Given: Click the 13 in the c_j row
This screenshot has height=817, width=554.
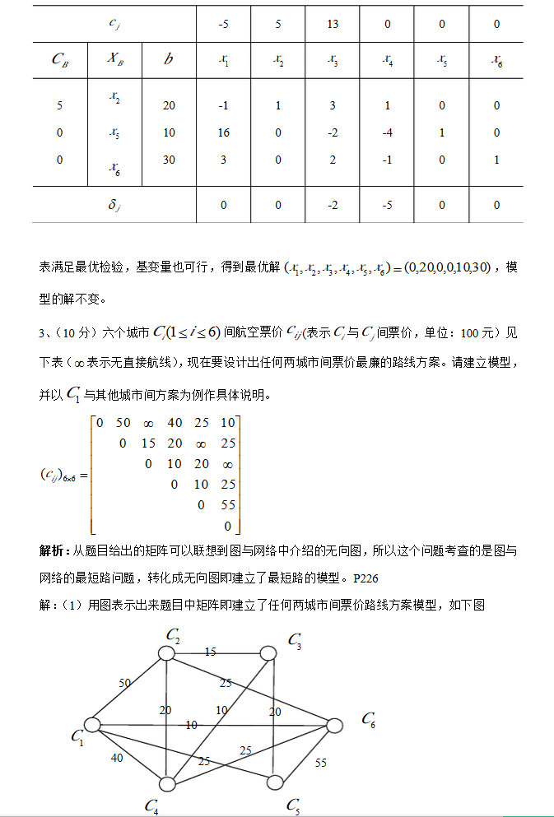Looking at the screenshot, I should (333, 25).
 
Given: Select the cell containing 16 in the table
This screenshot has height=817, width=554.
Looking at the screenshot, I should (224, 133).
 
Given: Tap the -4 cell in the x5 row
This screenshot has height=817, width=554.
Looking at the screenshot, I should (387, 133).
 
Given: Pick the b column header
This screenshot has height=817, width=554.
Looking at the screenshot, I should (169, 59).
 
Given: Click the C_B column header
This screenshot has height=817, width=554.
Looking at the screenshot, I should (60, 59).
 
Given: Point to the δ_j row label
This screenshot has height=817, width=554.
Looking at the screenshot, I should (114, 205).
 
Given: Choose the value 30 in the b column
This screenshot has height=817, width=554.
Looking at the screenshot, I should (169, 160).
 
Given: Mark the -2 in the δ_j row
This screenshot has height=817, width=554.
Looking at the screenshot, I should (333, 205).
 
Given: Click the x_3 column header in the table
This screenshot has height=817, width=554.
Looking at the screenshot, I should (333, 59).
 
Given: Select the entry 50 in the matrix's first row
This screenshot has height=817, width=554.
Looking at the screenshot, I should (123, 423).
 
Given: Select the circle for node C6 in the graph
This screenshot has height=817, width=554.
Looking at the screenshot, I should (334, 726).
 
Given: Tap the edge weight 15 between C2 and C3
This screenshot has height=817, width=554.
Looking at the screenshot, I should (210, 652).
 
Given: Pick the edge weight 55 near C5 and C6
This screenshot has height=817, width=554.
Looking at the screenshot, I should (320, 763).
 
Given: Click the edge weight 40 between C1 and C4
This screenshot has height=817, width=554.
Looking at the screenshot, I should (117, 758).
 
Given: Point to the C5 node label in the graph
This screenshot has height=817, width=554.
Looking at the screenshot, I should (293, 805).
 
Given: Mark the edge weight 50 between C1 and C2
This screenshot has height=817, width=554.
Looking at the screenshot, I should (124, 684).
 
